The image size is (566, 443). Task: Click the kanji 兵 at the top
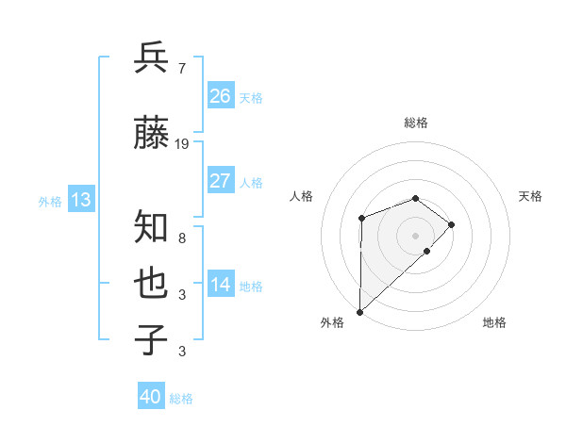coord(152,58)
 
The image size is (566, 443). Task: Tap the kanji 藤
coord(152,135)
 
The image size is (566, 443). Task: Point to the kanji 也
coord(152,284)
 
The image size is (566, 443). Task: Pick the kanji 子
coord(152,340)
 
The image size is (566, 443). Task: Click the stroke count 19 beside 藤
coord(182,144)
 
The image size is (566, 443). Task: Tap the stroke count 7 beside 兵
coord(181,68)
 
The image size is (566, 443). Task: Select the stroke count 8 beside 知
coord(181,238)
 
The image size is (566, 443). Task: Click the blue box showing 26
coord(221,95)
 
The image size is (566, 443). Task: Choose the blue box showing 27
coord(221,180)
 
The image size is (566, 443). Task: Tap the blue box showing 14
coord(221,284)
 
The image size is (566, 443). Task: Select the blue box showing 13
coord(80,200)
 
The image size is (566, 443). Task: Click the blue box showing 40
coord(151,397)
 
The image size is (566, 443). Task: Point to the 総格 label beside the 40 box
coord(181,399)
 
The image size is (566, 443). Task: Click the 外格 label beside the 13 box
coord(50,201)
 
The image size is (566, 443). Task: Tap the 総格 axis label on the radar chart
coord(415,123)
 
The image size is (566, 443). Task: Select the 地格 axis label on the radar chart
coord(494,323)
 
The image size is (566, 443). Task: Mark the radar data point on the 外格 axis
coord(359,311)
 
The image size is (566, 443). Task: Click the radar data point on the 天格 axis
coord(452,224)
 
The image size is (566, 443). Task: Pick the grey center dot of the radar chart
coord(415,235)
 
